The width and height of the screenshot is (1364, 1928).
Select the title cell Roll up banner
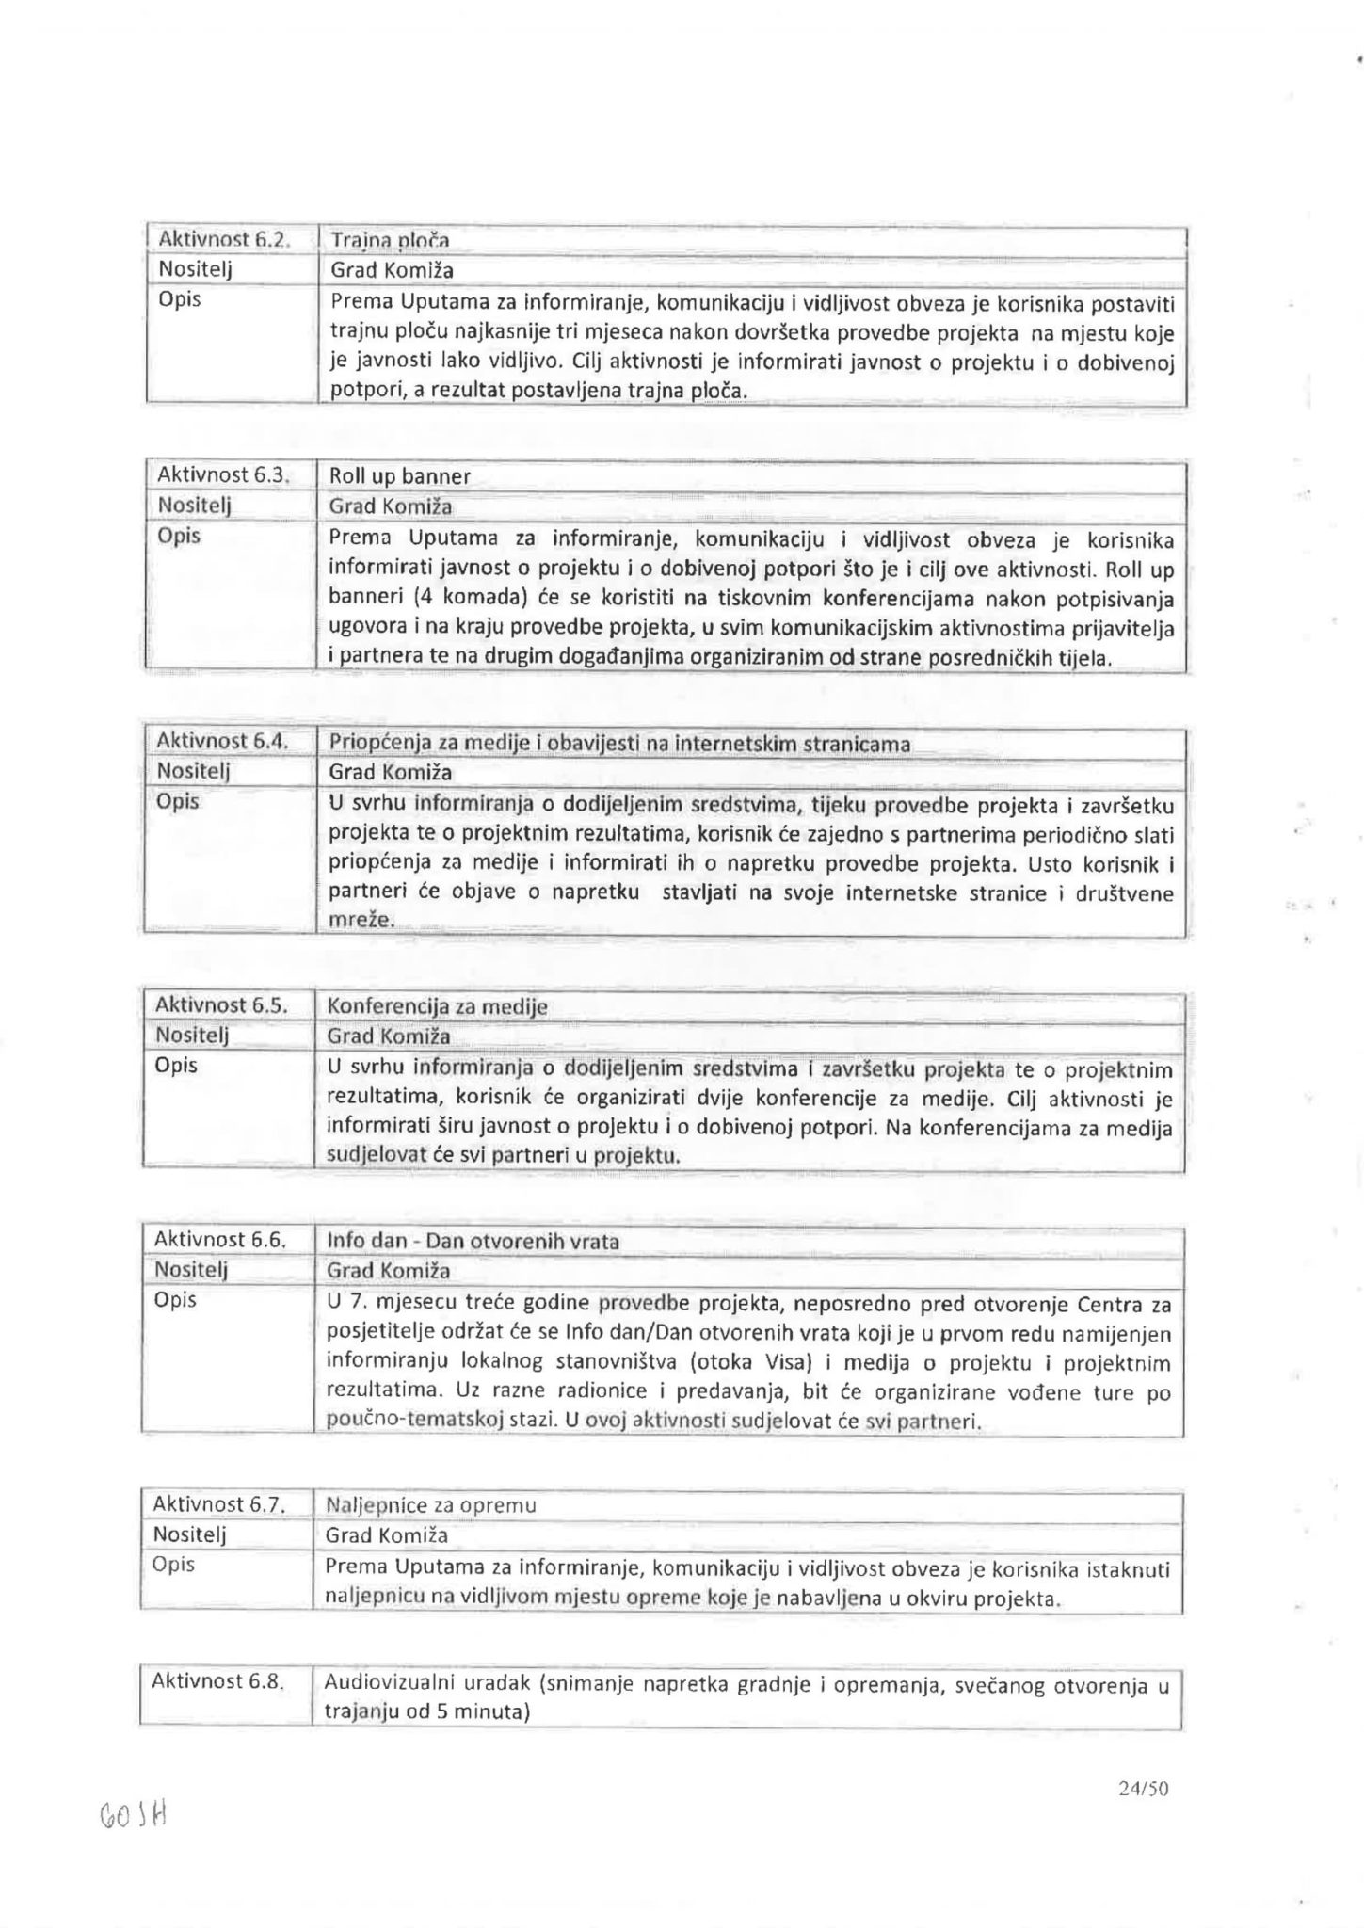(399, 476)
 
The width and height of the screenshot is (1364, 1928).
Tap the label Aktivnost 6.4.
(219, 741)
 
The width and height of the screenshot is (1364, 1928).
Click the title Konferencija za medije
(437, 1006)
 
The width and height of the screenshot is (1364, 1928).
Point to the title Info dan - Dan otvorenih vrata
(473, 1241)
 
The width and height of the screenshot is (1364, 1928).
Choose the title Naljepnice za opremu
(430, 1504)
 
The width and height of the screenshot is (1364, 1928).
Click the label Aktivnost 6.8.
(217, 1680)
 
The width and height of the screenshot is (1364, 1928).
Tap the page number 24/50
(1143, 1789)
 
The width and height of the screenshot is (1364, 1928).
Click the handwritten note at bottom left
(132, 1815)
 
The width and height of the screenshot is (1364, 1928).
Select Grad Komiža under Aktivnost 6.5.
(388, 1036)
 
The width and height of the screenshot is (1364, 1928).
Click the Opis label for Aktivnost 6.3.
(179, 537)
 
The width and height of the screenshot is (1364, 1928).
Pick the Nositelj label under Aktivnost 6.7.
(191, 1534)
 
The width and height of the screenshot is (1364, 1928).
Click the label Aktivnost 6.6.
(218, 1240)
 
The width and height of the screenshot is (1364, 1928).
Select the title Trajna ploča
(389, 241)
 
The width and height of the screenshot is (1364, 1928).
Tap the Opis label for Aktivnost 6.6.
(175, 1300)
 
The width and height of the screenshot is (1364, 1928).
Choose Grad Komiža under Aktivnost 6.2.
(392, 270)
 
